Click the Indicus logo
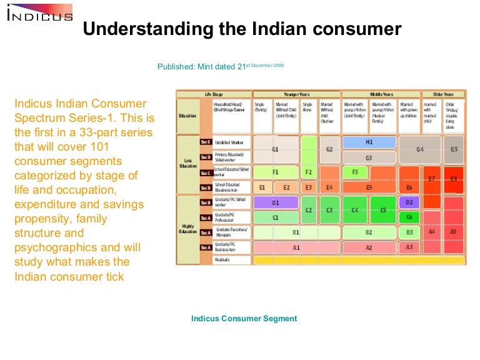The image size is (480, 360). pos(39,13)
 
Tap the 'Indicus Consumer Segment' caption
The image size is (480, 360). pos(244,318)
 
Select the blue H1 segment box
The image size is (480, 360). pos(369,142)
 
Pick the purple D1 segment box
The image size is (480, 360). pos(275,203)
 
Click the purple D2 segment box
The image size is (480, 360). pos(409,202)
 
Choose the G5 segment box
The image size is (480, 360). pos(454,149)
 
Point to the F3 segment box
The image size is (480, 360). pos(354,172)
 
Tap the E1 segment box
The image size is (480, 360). pos(262,187)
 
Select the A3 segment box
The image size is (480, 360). pos(409,247)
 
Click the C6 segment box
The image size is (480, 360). pos(409,217)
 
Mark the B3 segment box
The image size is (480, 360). pos(409,232)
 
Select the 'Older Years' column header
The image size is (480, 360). pos(444,94)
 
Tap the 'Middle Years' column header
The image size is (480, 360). pos(381,94)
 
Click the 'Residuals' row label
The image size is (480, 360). pos(223,259)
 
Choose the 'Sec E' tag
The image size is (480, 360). pos(206,142)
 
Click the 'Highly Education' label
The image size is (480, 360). pos(187,229)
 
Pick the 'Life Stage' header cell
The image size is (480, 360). pos(213,94)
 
